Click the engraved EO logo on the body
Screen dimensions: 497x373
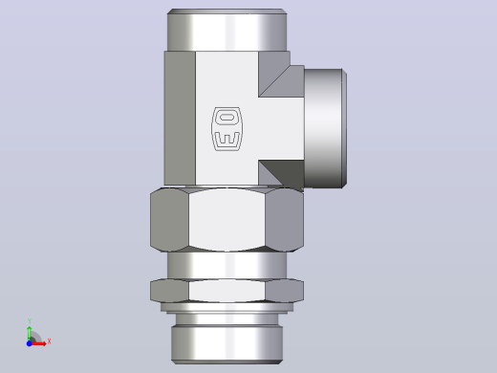pyautogui.click(x=227, y=129)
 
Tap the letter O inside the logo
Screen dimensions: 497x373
pyautogui.click(x=227, y=118)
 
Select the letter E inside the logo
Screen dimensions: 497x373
pyautogui.click(x=227, y=139)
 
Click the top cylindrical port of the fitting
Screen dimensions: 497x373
pyautogui.click(x=227, y=30)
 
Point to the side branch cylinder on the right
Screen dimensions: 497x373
pyautogui.click(x=325, y=128)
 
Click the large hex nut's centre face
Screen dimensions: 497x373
pyautogui.click(x=227, y=219)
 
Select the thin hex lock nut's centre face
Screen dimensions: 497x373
pyautogui.click(x=227, y=291)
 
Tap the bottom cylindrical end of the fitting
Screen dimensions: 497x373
pyautogui.click(x=227, y=344)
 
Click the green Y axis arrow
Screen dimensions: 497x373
pyautogui.click(x=30, y=334)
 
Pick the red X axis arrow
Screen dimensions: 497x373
pyautogui.click(x=38, y=343)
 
